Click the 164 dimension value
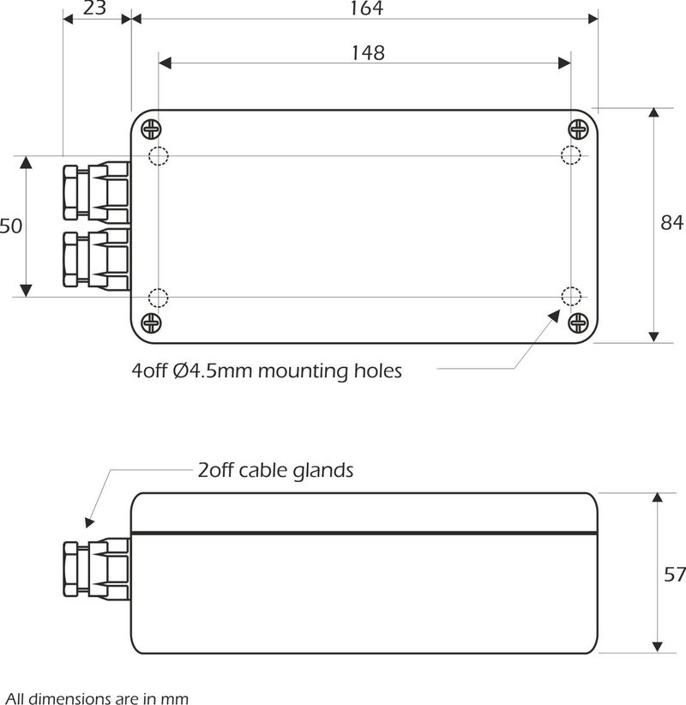pyautogui.click(x=366, y=9)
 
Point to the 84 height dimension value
pyautogui.click(x=671, y=224)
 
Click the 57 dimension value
pyautogui.click(x=674, y=574)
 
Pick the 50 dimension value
pyautogui.click(x=10, y=226)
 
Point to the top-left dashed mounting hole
pyautogui.click(x=159, y=156)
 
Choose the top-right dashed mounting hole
pyautogui.click(x=570, y=155)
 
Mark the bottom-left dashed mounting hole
pyautogui.click(x=159, y=298)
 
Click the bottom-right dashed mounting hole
pyautogui.click(x=570, y=297)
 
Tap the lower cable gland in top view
pyautogui.click(x=94, y=258)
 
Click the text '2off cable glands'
pyautogui.click(x=275, y=470)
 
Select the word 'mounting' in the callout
pyautogui.click(x=304, y=371)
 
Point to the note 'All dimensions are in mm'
pyautogui.click(x=96, y=698)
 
